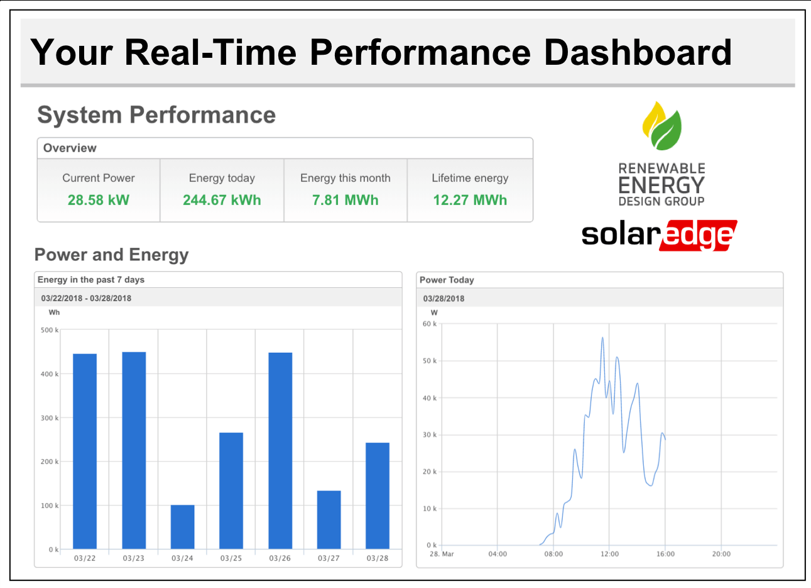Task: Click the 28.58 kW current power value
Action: pos(98,200)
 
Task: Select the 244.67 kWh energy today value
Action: pos(222,200)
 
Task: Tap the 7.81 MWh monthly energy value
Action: pos(346,200)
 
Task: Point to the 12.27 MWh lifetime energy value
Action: pos(470,200)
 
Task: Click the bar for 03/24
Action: pos(182,527)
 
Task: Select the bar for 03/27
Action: pos(329,519)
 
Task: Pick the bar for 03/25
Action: pos(231,491)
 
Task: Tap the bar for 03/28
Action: pos(378,496)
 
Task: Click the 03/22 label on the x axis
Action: pos(85,558)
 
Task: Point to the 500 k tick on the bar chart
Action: pos(49,330)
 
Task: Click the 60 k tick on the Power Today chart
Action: pos(430,324)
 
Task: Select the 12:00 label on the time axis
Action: pos(609,554)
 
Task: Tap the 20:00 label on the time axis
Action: pos(721,554)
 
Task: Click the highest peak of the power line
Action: pos(602,338)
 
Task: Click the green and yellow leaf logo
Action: pos(661,126)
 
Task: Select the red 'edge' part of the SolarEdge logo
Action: pos(697,235)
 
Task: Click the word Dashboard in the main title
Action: pos(638,52)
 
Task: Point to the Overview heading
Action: pos(70,148)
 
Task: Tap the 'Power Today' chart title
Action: pos(447,280)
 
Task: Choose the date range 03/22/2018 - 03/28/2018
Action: pos(86,298)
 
